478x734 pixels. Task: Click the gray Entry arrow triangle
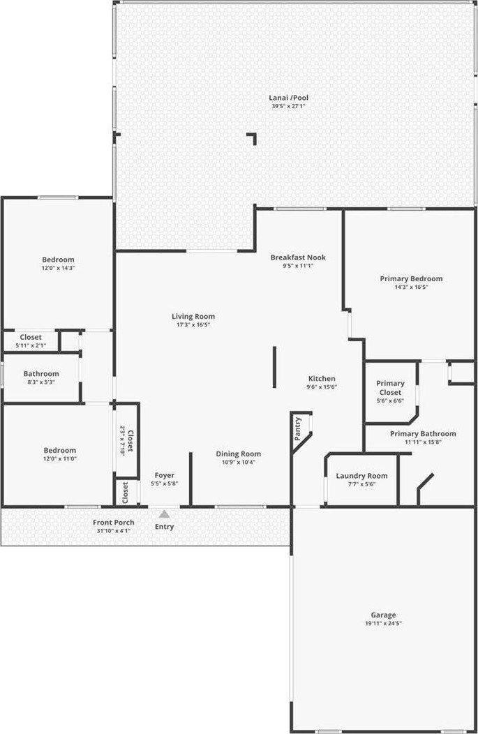164,514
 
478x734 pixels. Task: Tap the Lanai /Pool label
288,98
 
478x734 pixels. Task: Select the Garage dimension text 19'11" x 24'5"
383,624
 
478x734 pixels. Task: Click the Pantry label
298,429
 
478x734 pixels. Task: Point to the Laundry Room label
361,476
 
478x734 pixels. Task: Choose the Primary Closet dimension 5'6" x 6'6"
390,400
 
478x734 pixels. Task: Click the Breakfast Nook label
298,257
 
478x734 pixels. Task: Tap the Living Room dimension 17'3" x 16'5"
193,324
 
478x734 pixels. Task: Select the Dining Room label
238,454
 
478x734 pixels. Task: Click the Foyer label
164,476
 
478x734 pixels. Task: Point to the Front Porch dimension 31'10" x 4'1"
113,531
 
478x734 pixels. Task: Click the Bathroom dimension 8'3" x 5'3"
41,382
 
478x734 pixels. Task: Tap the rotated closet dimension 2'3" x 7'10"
123,440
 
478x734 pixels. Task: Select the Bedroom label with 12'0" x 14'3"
58,260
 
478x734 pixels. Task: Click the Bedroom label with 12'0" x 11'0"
60,450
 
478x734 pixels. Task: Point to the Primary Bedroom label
411,279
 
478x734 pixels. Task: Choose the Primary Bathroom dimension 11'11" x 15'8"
424,442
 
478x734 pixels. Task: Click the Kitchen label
322,379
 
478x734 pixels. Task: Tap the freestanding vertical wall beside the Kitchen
274,367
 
